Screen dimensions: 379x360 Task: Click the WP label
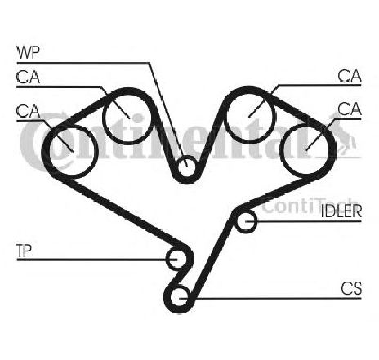28,53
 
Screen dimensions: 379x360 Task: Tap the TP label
24,251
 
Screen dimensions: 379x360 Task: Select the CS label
351,288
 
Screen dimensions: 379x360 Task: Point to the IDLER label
341,211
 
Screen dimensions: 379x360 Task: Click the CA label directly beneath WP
28,77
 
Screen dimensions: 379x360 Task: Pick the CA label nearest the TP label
28,111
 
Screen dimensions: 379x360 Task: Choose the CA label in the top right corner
350,76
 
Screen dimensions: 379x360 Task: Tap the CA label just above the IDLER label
350,109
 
